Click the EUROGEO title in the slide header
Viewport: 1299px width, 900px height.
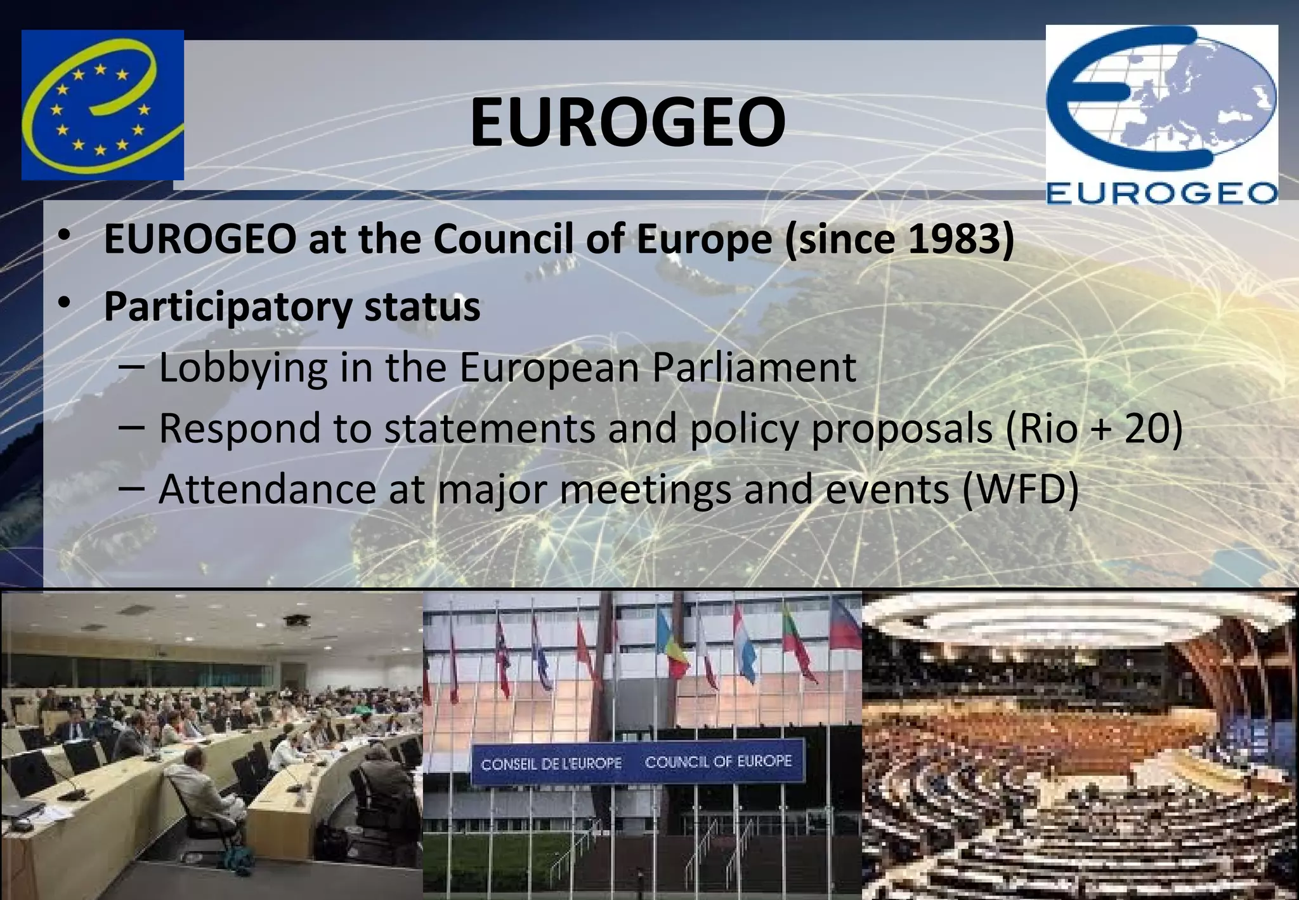tap(627, 121)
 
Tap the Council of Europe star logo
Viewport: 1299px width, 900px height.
tap(102, 105)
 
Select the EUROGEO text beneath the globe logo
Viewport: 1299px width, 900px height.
tap(1161, 193)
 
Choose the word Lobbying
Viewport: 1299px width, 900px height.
tap(243, 368)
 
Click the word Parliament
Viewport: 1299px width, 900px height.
tap(754, 368)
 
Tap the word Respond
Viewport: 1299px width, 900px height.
tap(241, 429)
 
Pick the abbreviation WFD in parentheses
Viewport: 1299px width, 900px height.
tap(1021, 490)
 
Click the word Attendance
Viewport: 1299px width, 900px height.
tap(267, 490)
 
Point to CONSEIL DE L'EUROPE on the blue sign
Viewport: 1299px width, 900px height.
tap(551, 764)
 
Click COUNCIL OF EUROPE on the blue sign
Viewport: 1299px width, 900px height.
tap(718, 761)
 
